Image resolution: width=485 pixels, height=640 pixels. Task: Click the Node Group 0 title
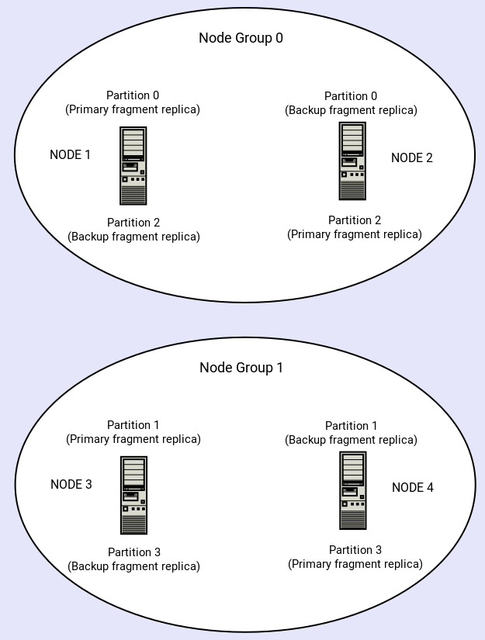pyautogui.click(x=241, y=38)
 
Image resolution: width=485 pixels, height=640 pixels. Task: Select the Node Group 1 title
pyautogui.click(x=241, y=368)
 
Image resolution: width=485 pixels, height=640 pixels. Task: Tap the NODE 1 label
pyautogui.click(x=70, y=154)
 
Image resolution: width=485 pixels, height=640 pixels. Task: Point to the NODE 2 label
pyautogui.click(x=412, y=157)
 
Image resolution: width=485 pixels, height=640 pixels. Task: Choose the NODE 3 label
pyautogui.click(x=71, y=484)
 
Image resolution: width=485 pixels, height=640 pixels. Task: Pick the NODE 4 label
pyautogui.click(x=413, y=487)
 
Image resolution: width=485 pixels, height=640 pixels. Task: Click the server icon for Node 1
pyautogui.click(x=133, y=165)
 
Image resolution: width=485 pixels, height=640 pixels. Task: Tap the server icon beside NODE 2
pyautogui.click(x=352, y=161)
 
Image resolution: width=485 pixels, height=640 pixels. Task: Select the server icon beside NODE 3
pyautogui.click(x=133, y=495)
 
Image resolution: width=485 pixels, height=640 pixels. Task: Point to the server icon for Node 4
pyautogui.click(x=353, y=490)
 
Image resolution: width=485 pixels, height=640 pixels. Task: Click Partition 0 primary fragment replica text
pyautogui.click(x=133, y=102)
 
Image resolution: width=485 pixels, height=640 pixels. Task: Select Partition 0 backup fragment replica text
pyautogui.click(x=351, y=103)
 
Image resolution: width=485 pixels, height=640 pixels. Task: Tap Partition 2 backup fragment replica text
pyautogui.click(x=133, y=230)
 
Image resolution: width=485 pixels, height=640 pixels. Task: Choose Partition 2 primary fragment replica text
pyautogui.click(x=355, y=227)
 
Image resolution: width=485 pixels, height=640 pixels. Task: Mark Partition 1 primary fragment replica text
pyautogui.click(x=133, y=432)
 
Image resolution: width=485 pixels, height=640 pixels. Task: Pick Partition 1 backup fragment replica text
pyautogui.click(x=351, y=433)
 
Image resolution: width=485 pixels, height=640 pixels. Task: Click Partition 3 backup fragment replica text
pyautogui.click(x=133, y=559)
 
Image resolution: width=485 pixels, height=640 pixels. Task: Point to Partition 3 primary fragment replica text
pyautogui.click(x=355, y=557)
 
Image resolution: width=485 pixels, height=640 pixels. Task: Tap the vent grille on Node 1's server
pyautogui.click(x=133, y=194)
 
